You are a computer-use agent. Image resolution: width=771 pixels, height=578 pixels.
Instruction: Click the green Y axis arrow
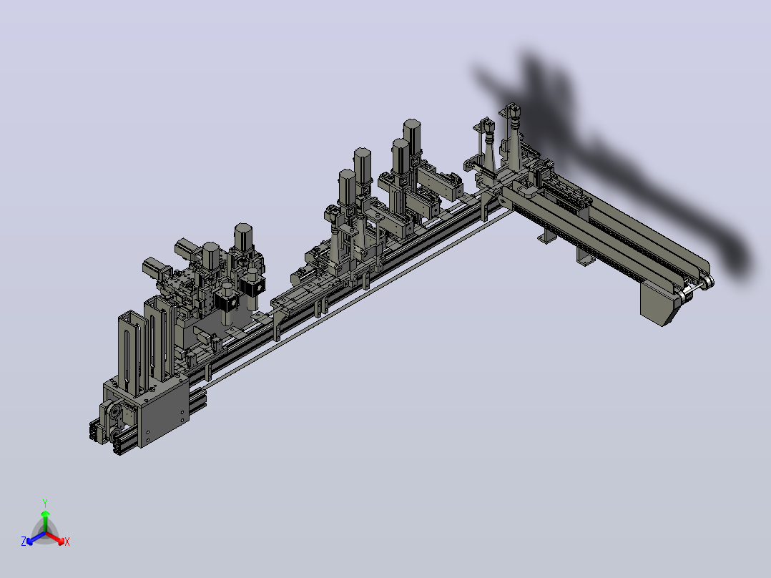pos(45,520)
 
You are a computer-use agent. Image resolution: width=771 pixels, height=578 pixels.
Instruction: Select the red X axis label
pos(67,542)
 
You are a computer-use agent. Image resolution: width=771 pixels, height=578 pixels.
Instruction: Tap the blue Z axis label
pos(24,541)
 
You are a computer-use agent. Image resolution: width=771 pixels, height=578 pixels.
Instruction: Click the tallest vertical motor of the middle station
pos(412,136)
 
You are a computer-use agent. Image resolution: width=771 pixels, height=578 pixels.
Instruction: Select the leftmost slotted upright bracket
pos(130,352)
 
